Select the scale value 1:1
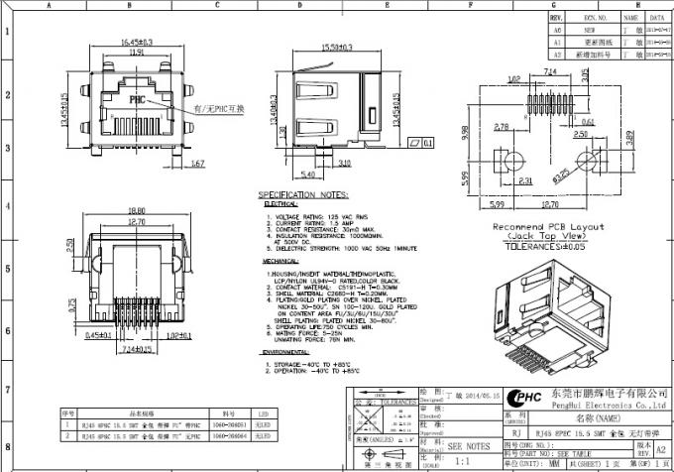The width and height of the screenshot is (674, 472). coord(462,461)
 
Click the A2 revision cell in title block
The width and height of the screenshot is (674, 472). coord(660,447)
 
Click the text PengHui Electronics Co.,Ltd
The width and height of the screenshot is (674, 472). coord(605,406)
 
